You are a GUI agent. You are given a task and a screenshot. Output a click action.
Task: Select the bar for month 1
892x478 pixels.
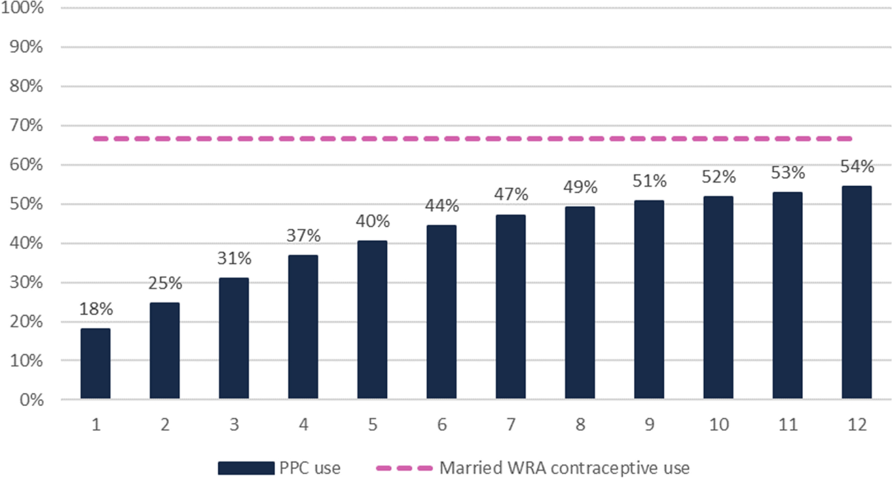[x=95, y=363]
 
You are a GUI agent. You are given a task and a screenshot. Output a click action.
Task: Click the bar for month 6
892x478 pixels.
[x=441, y=312]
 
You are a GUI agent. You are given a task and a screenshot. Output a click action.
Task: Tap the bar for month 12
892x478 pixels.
[x=856, y=293]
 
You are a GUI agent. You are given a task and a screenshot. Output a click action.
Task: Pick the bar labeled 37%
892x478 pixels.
[x=303, y=326]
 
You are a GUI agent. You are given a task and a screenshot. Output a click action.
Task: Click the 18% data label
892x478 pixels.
[x=95, y=309]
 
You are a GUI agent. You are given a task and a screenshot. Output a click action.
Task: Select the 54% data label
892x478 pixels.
[x=856, y=167]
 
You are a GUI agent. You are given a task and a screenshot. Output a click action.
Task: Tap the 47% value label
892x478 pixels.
[x=510, y=195]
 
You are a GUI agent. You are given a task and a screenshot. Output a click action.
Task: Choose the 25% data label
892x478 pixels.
[x=165, y=283]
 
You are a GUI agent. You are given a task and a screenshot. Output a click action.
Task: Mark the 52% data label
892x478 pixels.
[x=718, y=177]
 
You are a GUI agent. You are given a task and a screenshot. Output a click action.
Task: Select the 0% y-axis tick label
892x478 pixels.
[x=31, y=400]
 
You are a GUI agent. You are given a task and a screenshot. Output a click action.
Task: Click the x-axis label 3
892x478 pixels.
[x=234, y=426]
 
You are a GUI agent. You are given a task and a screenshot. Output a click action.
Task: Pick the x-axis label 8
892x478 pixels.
[x=580, y=426]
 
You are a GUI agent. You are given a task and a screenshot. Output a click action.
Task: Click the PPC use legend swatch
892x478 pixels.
[x=246, y=468]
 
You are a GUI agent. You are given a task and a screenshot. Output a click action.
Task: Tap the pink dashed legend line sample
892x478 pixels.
[x=404, y=468]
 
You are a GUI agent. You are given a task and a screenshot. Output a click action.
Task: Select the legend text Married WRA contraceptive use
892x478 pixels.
[x=564, y=468]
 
